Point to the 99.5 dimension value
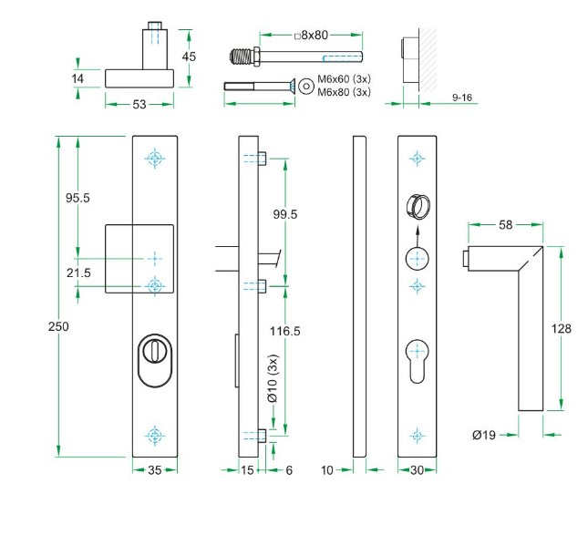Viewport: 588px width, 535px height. [x=286, y=214]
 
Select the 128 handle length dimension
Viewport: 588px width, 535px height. [x=562, y=329]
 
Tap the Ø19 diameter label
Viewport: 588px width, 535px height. [x=484, y=435]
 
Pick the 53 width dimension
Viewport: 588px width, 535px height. [x=139, y=105]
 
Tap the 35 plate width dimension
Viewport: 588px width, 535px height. [x=154, y=471]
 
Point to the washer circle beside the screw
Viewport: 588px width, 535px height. [x=304, y=86]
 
